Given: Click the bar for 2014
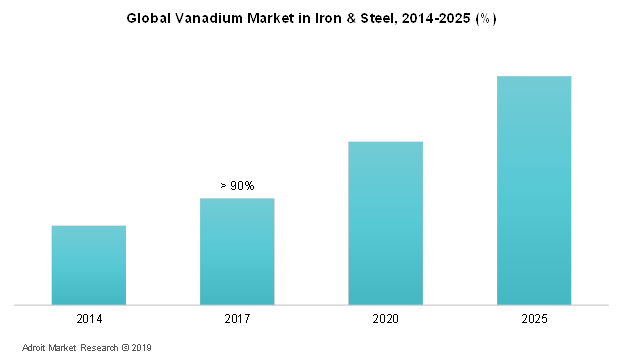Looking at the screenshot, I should tap(89, 265).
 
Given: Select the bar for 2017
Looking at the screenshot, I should tap(237, 251).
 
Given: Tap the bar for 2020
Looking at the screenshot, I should tap(385, 223).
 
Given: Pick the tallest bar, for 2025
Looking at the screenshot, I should tap(533, 190).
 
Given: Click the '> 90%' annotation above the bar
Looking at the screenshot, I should tap(237, 186).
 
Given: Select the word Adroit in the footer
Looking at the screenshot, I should tap(36, 348).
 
